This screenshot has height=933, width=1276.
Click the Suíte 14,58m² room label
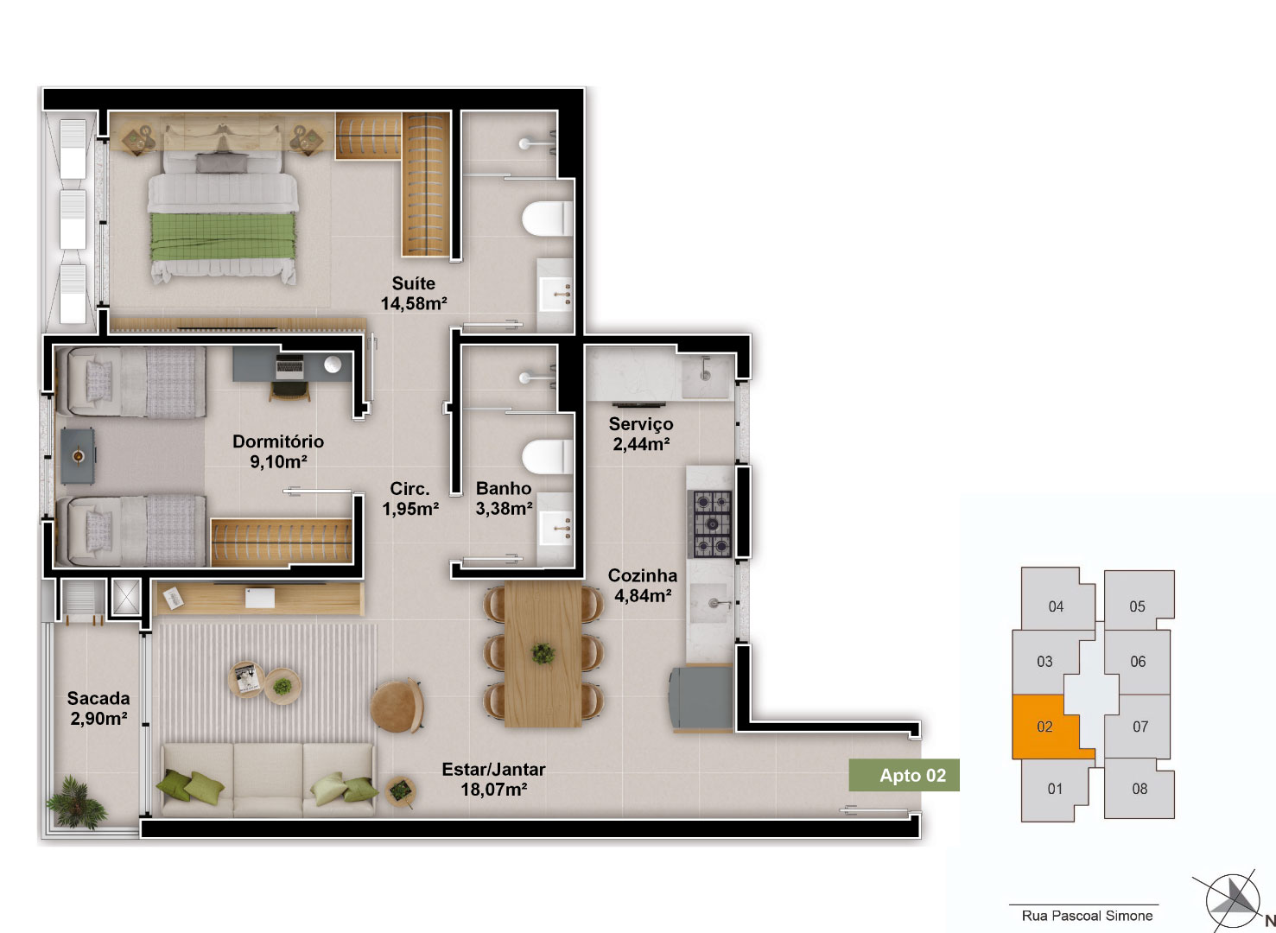[414, 294]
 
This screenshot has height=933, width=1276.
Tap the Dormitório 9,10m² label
[278, 451]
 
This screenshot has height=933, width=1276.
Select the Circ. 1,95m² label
[410, 498]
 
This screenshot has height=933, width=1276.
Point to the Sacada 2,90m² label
[98, 708]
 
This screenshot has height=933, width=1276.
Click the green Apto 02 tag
[904, 775]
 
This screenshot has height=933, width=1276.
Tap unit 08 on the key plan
[1140, 789]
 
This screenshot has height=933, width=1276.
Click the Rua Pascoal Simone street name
[1087, 916]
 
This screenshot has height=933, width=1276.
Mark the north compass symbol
[1233, 901]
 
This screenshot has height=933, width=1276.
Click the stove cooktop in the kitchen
[710, 523]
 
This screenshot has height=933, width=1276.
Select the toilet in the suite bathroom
[547, 219]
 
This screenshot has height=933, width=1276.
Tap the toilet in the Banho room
[547, 457]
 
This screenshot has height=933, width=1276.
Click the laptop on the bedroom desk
[289, 366]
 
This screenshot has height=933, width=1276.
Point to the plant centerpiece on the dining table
[542, 653]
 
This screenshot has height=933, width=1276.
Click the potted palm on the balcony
[76, 800]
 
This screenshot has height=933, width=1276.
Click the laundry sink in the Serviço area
[705, 376]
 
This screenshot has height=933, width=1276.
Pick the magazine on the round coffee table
[245, 679]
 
